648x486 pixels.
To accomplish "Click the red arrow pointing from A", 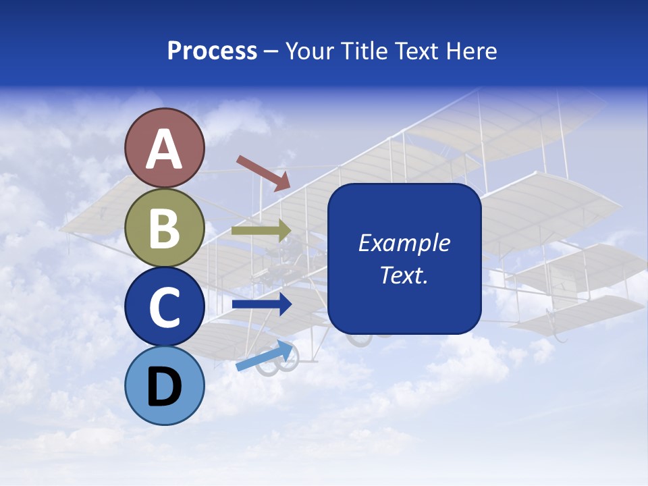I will pos(263,173).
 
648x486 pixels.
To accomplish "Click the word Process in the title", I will pos(212,51).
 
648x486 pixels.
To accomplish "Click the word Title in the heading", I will pos(364,51).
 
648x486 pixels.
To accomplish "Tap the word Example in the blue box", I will pos(404,243).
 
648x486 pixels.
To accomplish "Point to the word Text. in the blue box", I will pos(404,275).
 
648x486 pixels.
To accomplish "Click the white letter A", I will pos(164,149).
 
